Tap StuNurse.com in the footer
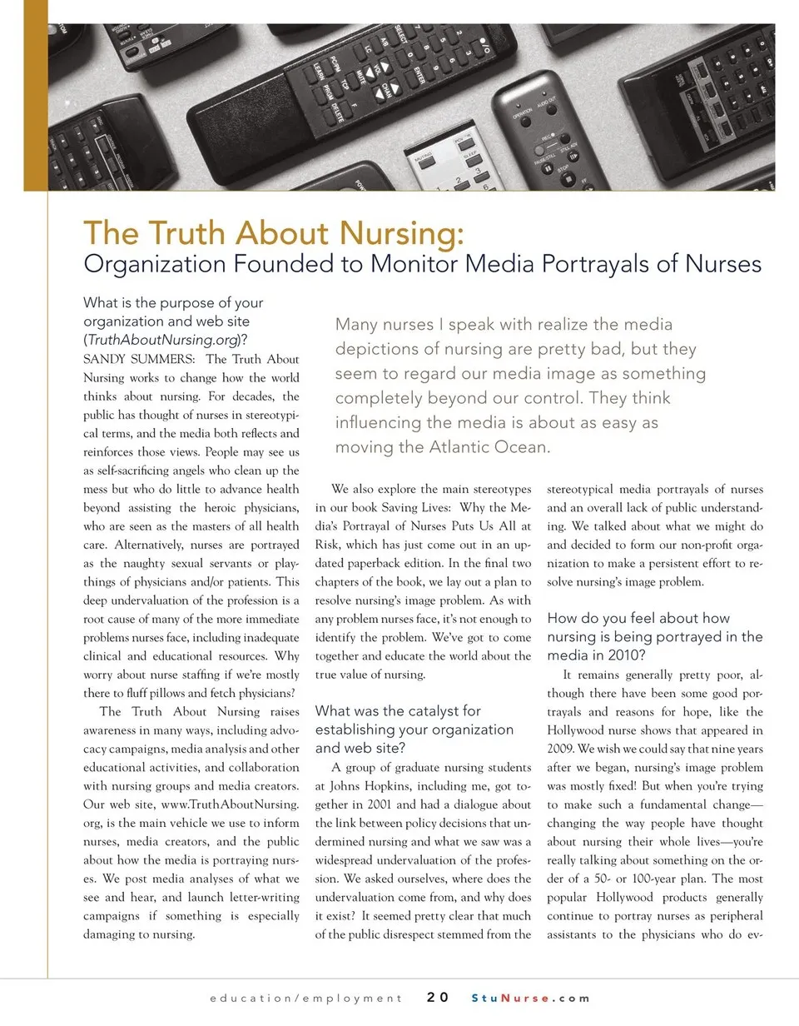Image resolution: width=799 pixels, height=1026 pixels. point(530,998)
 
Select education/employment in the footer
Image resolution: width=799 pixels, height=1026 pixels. point(305,998)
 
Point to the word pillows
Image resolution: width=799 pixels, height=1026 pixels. point(188,693)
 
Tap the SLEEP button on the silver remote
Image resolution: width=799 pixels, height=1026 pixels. point(469,157)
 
